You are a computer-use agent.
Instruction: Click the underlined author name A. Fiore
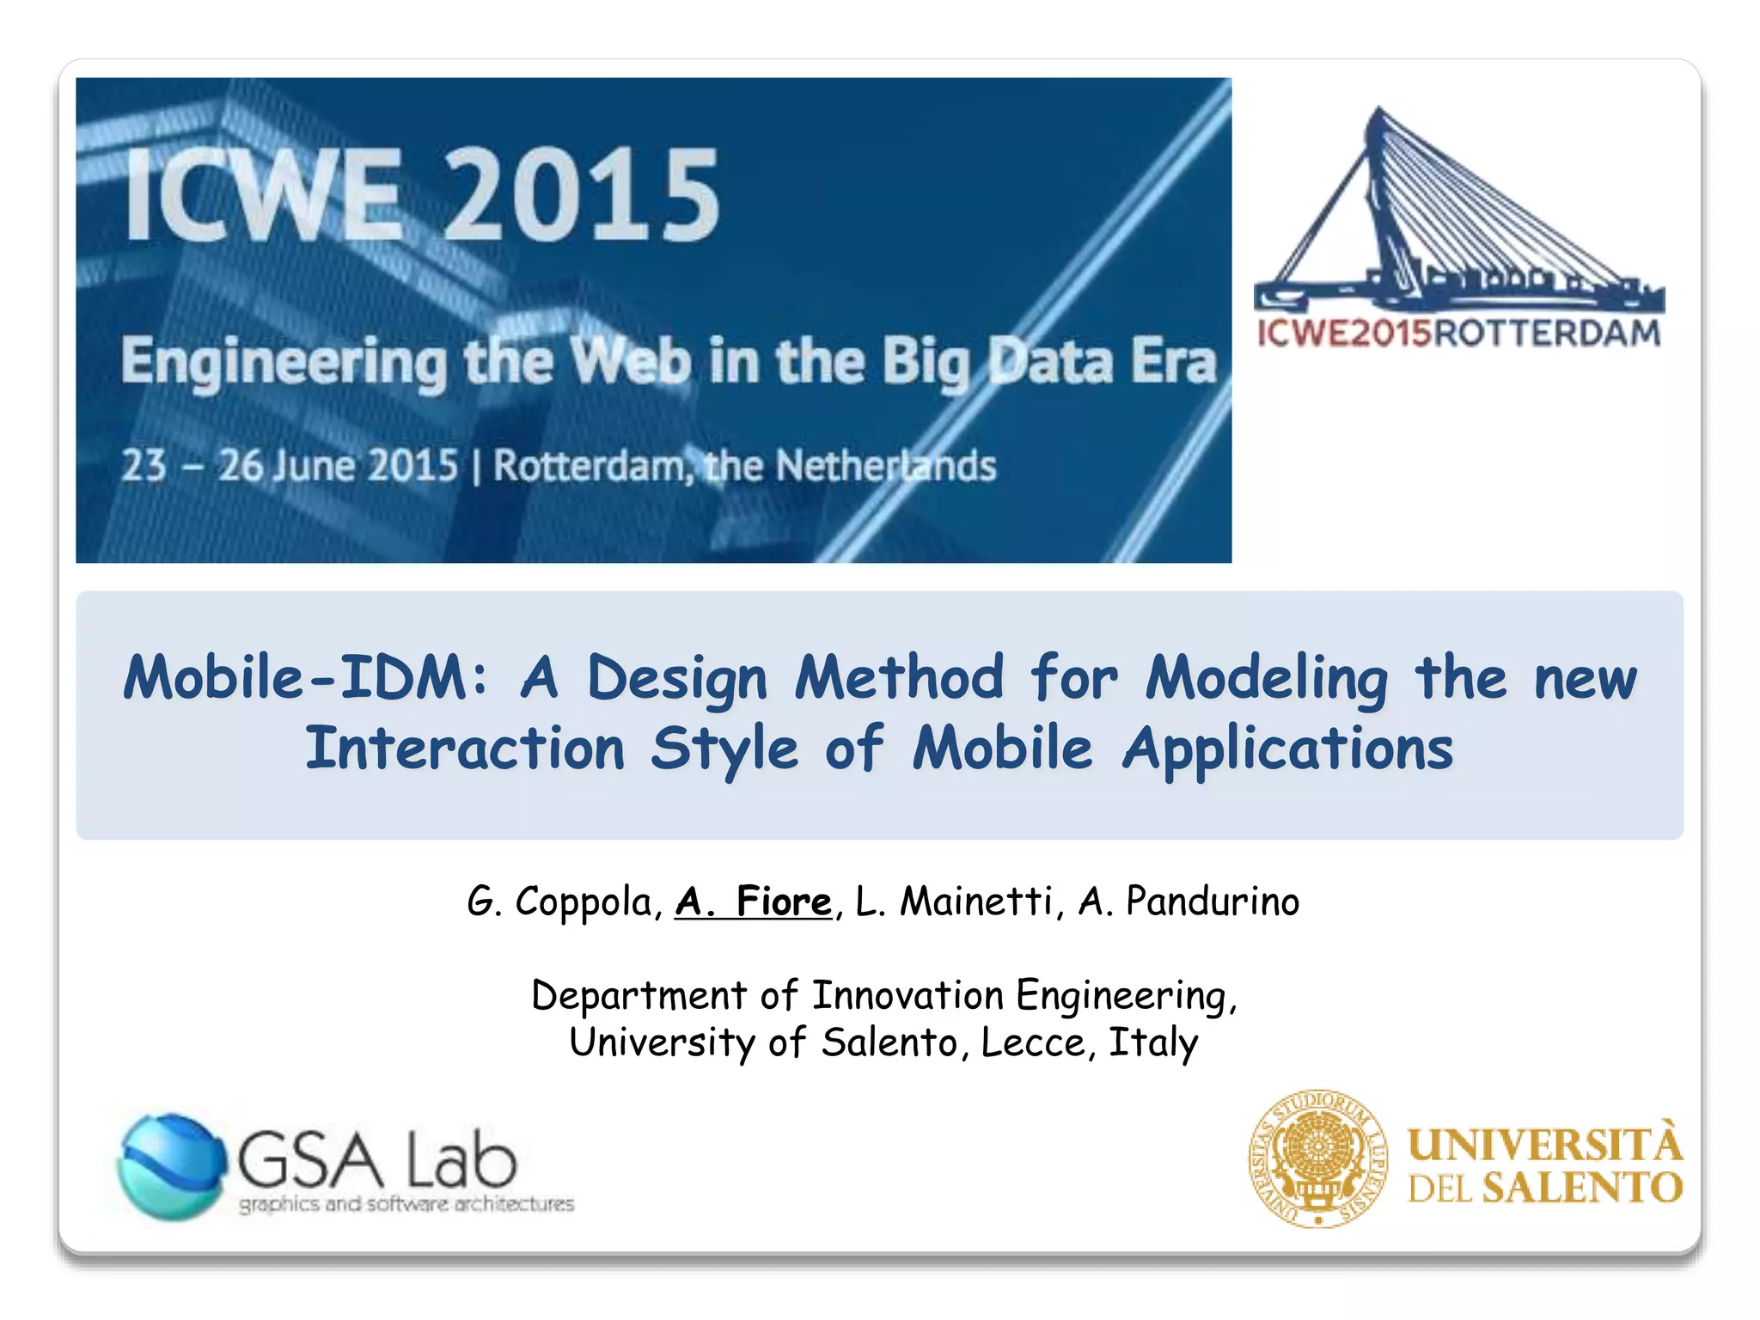(754, 901)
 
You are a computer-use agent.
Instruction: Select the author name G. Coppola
(563, 901)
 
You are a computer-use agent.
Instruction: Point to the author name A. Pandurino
(1189, 901)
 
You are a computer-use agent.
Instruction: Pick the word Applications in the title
(1287, 749)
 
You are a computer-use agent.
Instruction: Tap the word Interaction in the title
(465, 749)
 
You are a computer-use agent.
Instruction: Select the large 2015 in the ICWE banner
(581, 195)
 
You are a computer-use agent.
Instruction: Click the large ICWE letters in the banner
(263, 195)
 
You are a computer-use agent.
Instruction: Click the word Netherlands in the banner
(885, 467)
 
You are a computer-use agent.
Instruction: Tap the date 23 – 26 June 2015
(289, 467)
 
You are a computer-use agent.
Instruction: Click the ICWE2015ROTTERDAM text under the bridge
(1458, 333)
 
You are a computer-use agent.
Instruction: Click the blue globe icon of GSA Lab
(171, 1166)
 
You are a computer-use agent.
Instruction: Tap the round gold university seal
(1317, 1158)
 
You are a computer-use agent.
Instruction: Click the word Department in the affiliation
(639, 996)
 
